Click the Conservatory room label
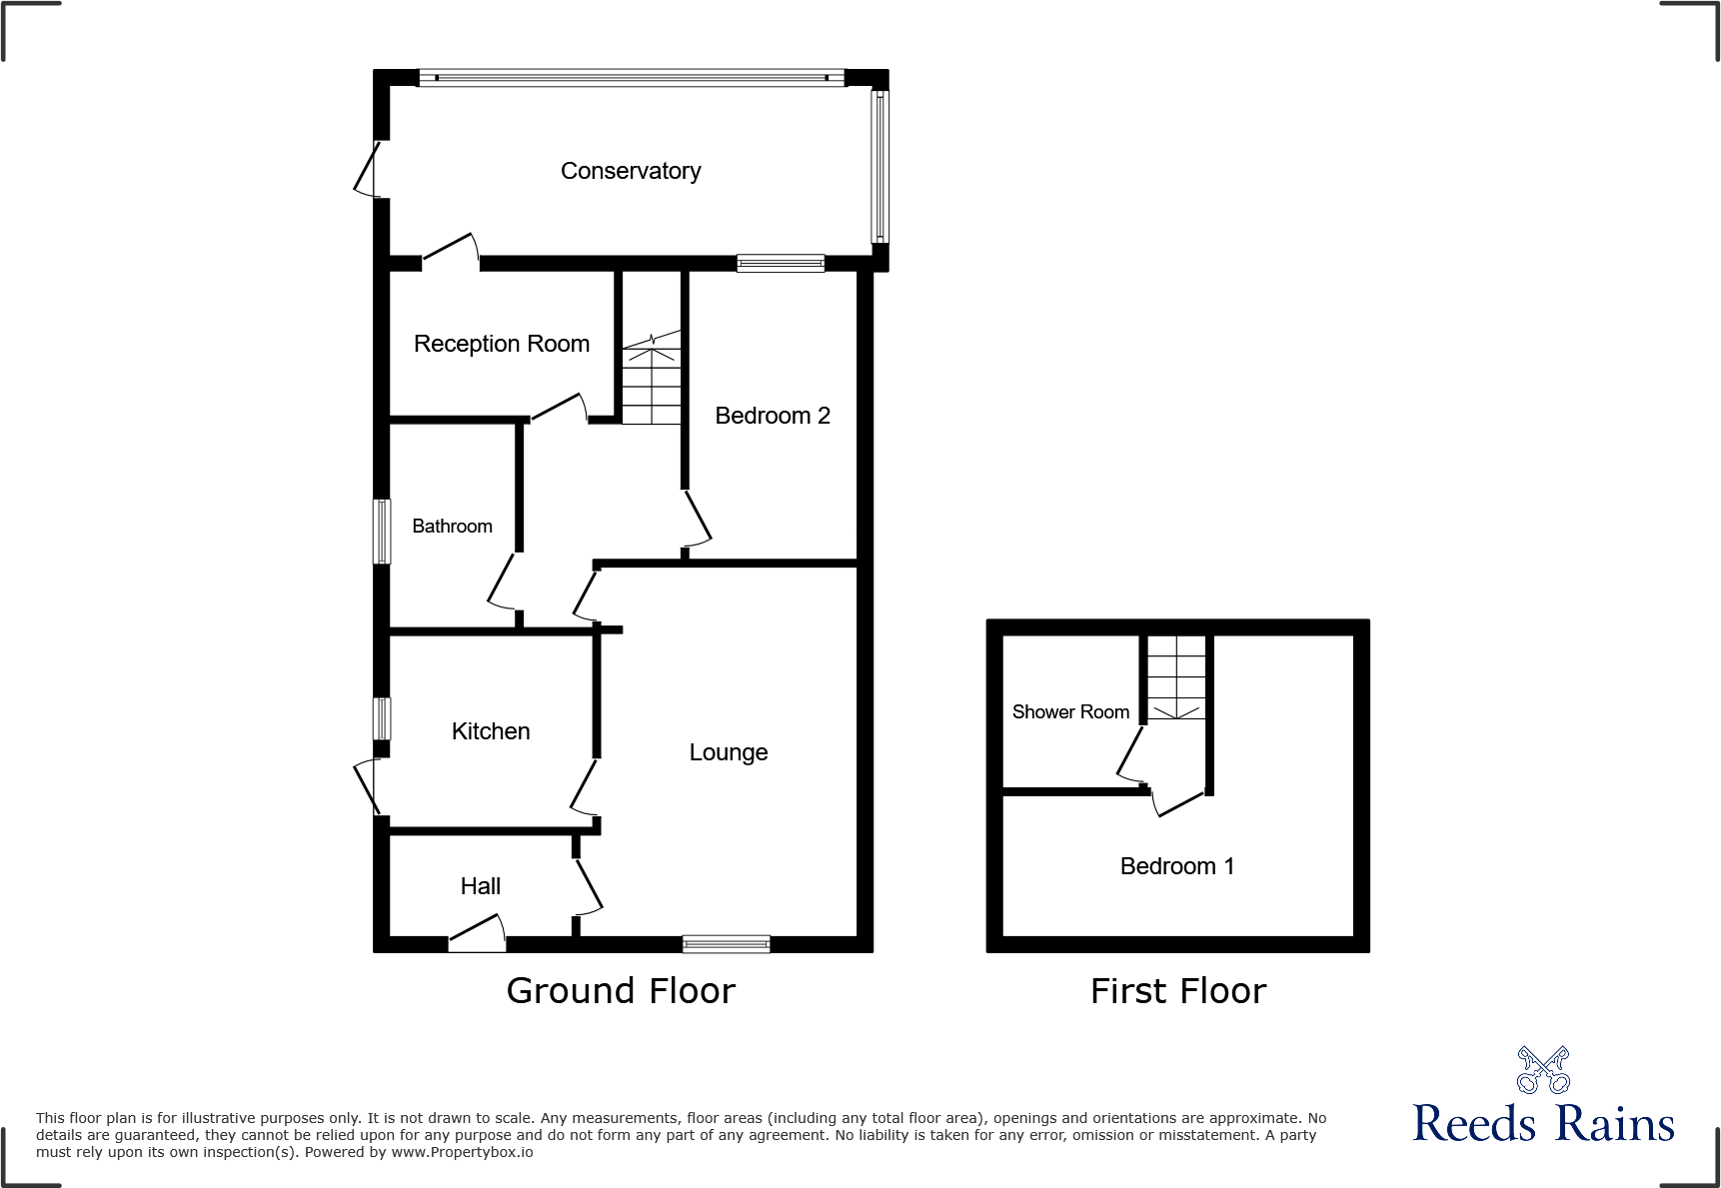point(631,171)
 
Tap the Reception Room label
point(502,344)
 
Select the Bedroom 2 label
point(773,416)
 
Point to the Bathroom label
point(452,527)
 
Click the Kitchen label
point(491,731)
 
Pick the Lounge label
point(729,752)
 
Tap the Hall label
point(481,886)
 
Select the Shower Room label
point(1070,712)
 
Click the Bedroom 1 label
point(1177,866)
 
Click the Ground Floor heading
point(621,991)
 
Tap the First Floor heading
point(1178,991)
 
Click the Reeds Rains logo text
point(1543,1124)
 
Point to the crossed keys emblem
point(1543,1070)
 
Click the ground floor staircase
point(652,380)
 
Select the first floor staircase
point(1176,677)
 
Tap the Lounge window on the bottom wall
point(727,943)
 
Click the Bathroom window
point(382,532)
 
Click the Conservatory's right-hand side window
point(879,166)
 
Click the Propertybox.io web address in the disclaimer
point(462,1153)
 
